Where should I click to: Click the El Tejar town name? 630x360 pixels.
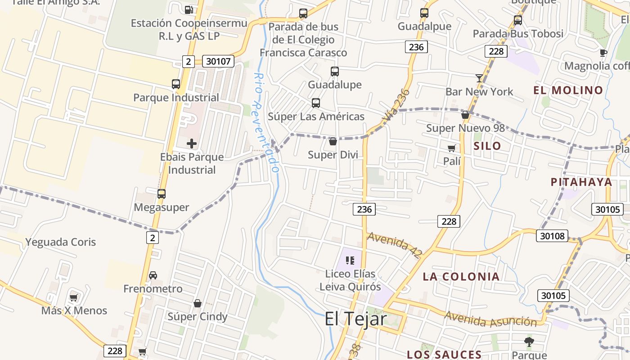(355, 319)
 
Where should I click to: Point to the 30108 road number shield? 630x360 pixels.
(552, 235)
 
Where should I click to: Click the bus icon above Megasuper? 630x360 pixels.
(162, 194)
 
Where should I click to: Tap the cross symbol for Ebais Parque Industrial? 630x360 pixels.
(192, 144)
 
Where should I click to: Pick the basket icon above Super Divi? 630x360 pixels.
(333, 141)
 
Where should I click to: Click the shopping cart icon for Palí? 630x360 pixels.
(451, 148)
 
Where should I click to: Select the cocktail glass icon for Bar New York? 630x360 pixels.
(479, 78)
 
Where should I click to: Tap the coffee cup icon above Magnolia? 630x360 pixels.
(603, 53)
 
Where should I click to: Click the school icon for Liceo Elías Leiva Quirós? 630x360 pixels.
(350, 260)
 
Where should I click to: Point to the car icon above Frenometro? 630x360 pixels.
(153, 275)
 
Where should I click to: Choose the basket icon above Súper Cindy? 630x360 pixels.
(197, 303)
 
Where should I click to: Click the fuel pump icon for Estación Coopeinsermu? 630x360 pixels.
(189, 9)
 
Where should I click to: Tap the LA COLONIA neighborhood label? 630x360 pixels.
(461, 276)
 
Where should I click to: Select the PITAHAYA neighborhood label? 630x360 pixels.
(581, 182)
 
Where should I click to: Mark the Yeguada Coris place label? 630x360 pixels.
(61, 242)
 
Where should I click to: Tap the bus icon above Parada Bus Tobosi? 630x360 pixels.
(518, 20)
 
